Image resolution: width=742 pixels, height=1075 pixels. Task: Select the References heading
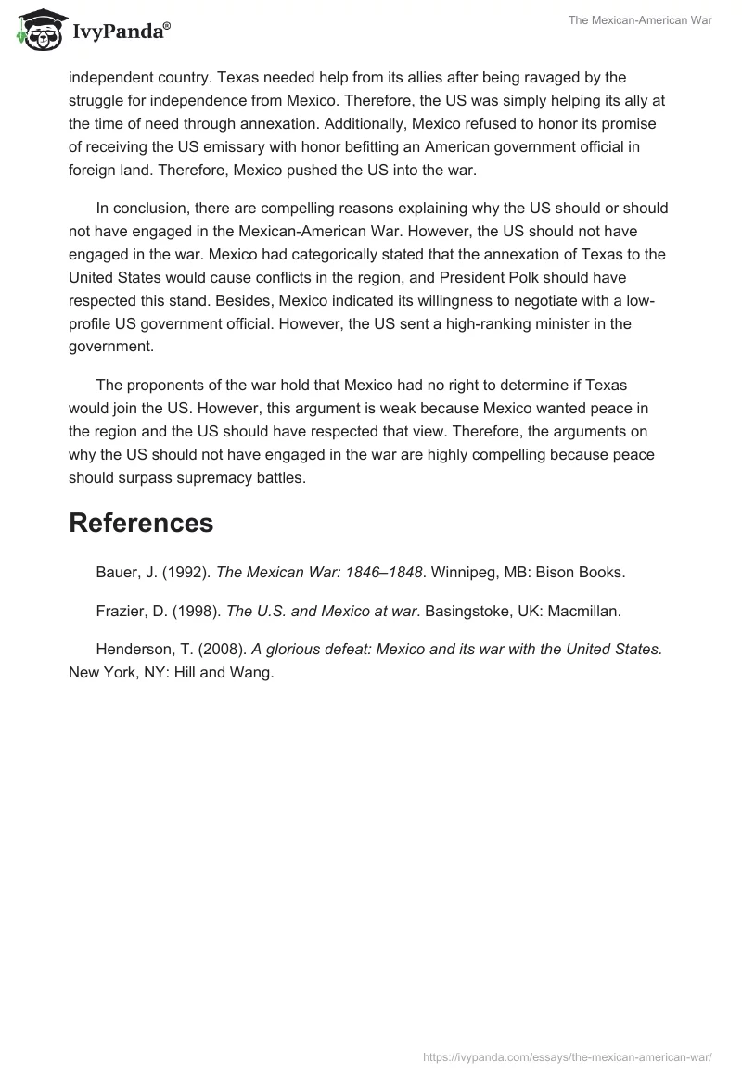(x=141, y=523)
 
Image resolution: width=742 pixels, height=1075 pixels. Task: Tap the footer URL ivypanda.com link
(x=567, y=1056)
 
